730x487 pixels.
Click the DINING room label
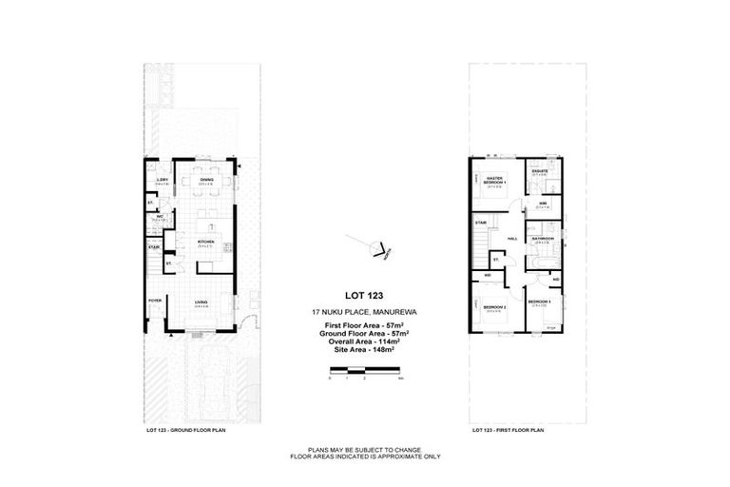205,180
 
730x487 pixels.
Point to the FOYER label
154,301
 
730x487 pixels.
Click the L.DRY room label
163,179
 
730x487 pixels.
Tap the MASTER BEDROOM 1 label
494,179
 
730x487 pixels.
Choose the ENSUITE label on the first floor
539,171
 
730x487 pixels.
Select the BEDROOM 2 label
493,307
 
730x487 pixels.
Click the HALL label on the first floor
511,238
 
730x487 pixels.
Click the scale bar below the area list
365,368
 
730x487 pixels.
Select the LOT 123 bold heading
365,296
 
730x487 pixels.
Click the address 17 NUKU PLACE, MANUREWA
365,312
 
